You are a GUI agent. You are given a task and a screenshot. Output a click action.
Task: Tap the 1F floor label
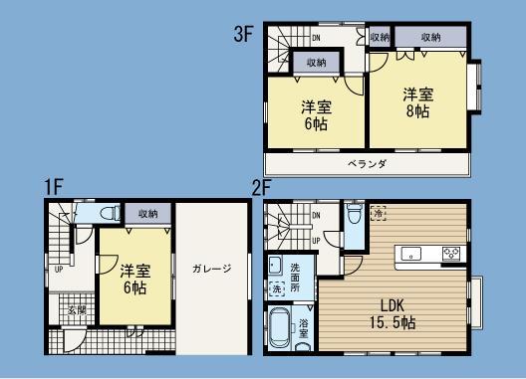[54, 186]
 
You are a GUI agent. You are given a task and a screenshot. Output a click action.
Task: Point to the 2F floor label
[262, 186]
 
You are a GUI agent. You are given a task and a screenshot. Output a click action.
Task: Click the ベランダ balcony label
[368, 163]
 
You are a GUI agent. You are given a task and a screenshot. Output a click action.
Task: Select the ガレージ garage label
[212, 268]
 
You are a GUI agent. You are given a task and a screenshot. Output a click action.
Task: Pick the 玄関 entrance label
[77, 310]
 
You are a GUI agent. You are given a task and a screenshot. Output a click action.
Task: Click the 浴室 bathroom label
[304, 327]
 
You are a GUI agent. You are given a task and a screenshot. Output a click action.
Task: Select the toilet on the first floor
[109, 214]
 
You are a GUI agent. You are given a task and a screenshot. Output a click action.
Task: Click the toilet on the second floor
[354, 218]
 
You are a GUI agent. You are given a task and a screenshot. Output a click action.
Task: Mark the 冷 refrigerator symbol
[379, 214]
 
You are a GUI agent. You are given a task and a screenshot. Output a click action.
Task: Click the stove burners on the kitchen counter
[451, 253]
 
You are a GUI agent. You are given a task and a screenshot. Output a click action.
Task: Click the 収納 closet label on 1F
[147, 214]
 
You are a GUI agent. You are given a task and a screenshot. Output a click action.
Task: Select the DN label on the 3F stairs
[315, 39]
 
